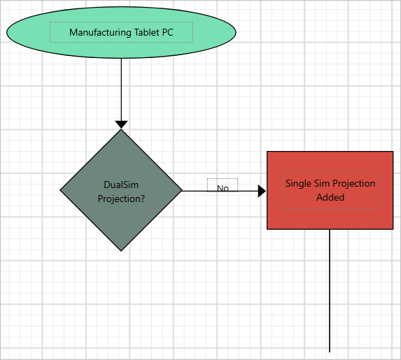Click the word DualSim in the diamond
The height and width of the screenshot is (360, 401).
(x=121, y=185)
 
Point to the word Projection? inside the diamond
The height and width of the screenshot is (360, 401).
(x=121, y=199)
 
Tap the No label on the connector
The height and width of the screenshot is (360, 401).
(x=223, y=188)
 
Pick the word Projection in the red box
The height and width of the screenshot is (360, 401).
(x=353, y=184)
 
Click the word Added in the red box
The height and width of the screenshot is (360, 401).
(x=330, y=197)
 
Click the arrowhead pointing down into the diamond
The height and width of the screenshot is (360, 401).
(x=121, y=124)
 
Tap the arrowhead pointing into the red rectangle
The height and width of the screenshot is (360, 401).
(x=262, y=191)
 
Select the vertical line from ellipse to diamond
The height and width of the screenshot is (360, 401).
(x=121, y=87)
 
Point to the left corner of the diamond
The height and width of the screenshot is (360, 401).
(x=62, y=189)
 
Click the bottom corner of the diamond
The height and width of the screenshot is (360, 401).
(x=122, y=250)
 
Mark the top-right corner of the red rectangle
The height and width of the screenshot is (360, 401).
(x=392, y=152)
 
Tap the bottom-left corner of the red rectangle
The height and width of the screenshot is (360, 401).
(x=268, y=229)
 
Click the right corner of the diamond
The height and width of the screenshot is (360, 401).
(x=181, y=189)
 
